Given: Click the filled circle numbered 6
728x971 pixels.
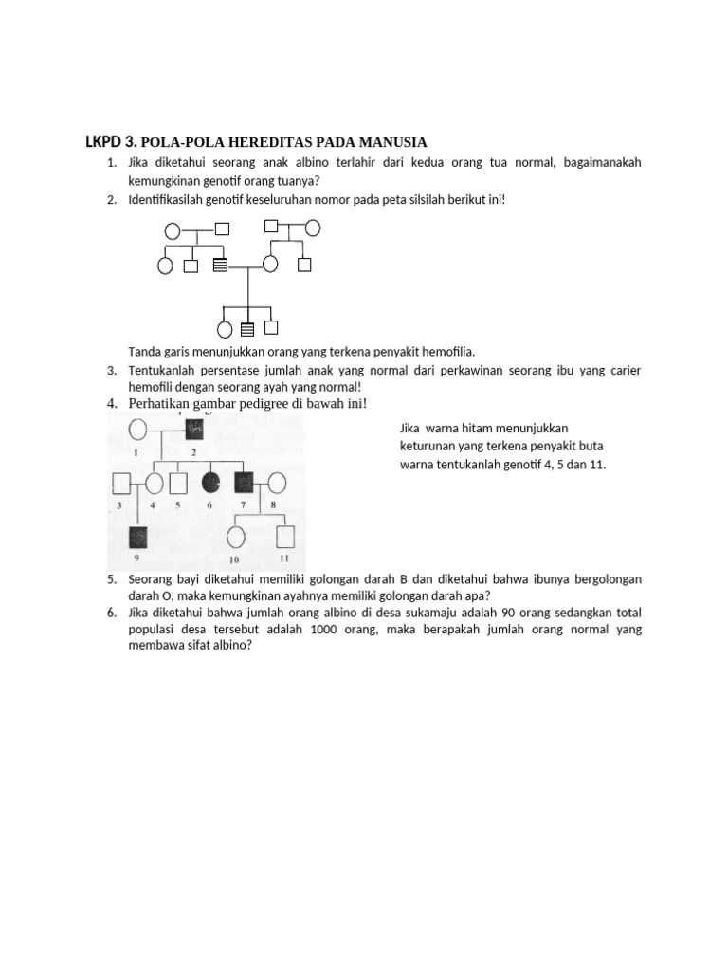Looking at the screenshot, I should [x=210, y=483].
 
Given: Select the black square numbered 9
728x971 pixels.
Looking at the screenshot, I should [x=138, y=538].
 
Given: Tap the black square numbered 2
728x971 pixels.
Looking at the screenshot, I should [x=194, y=430].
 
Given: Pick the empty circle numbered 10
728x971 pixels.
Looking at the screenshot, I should [x=236, y=537].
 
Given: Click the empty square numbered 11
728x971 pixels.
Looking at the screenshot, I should [x=284, y=537].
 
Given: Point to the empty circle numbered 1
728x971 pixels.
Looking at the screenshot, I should [x=136, y=430].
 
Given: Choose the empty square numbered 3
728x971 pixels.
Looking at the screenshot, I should [x=120, y=483].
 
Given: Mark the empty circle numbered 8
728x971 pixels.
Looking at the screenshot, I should [x=277, y=483].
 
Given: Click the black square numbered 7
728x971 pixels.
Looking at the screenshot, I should [x=245, y=483].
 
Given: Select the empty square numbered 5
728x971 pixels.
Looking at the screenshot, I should [x=176, y=483].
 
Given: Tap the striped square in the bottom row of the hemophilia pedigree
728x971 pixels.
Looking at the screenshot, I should [x=247, y=330].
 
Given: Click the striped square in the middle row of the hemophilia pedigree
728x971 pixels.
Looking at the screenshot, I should [x=220, y=265].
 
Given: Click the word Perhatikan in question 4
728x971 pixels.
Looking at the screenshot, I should [x=161, y=404].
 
